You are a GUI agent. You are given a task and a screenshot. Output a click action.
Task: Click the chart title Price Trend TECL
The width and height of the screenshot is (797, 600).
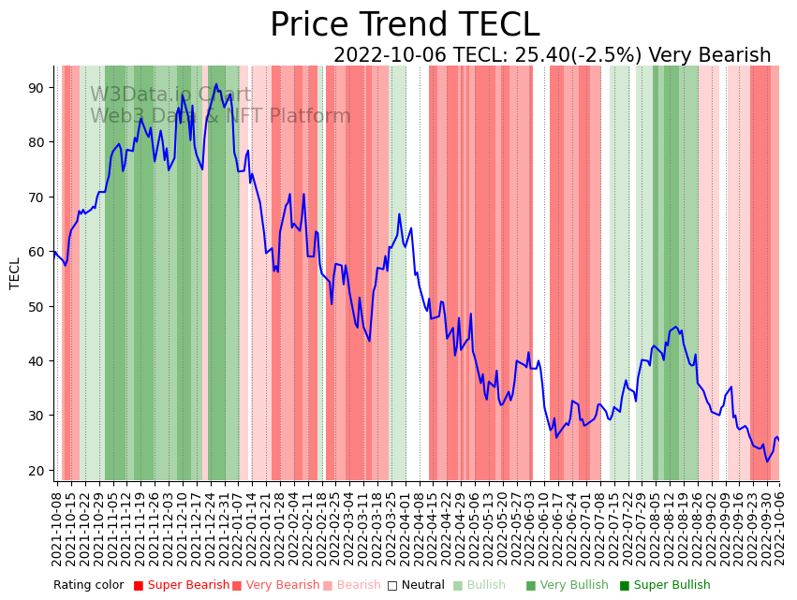[405, 25]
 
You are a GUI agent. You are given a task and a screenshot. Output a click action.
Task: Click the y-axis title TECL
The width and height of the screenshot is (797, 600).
[15, 273]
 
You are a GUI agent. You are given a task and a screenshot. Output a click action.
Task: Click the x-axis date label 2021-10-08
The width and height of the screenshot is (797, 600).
[56, 530]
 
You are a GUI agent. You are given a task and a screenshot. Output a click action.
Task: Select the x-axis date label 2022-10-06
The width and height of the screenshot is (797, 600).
[778, 530]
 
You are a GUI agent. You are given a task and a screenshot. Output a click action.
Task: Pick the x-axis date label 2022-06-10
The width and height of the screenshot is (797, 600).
[545, 530]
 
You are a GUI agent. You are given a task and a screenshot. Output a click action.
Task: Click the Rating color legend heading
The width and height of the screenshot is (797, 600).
[88, 585]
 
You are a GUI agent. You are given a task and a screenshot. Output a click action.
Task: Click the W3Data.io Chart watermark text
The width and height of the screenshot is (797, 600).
[170, 95]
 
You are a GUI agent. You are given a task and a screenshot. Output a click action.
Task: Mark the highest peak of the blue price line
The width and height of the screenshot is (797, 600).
[215, 84]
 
